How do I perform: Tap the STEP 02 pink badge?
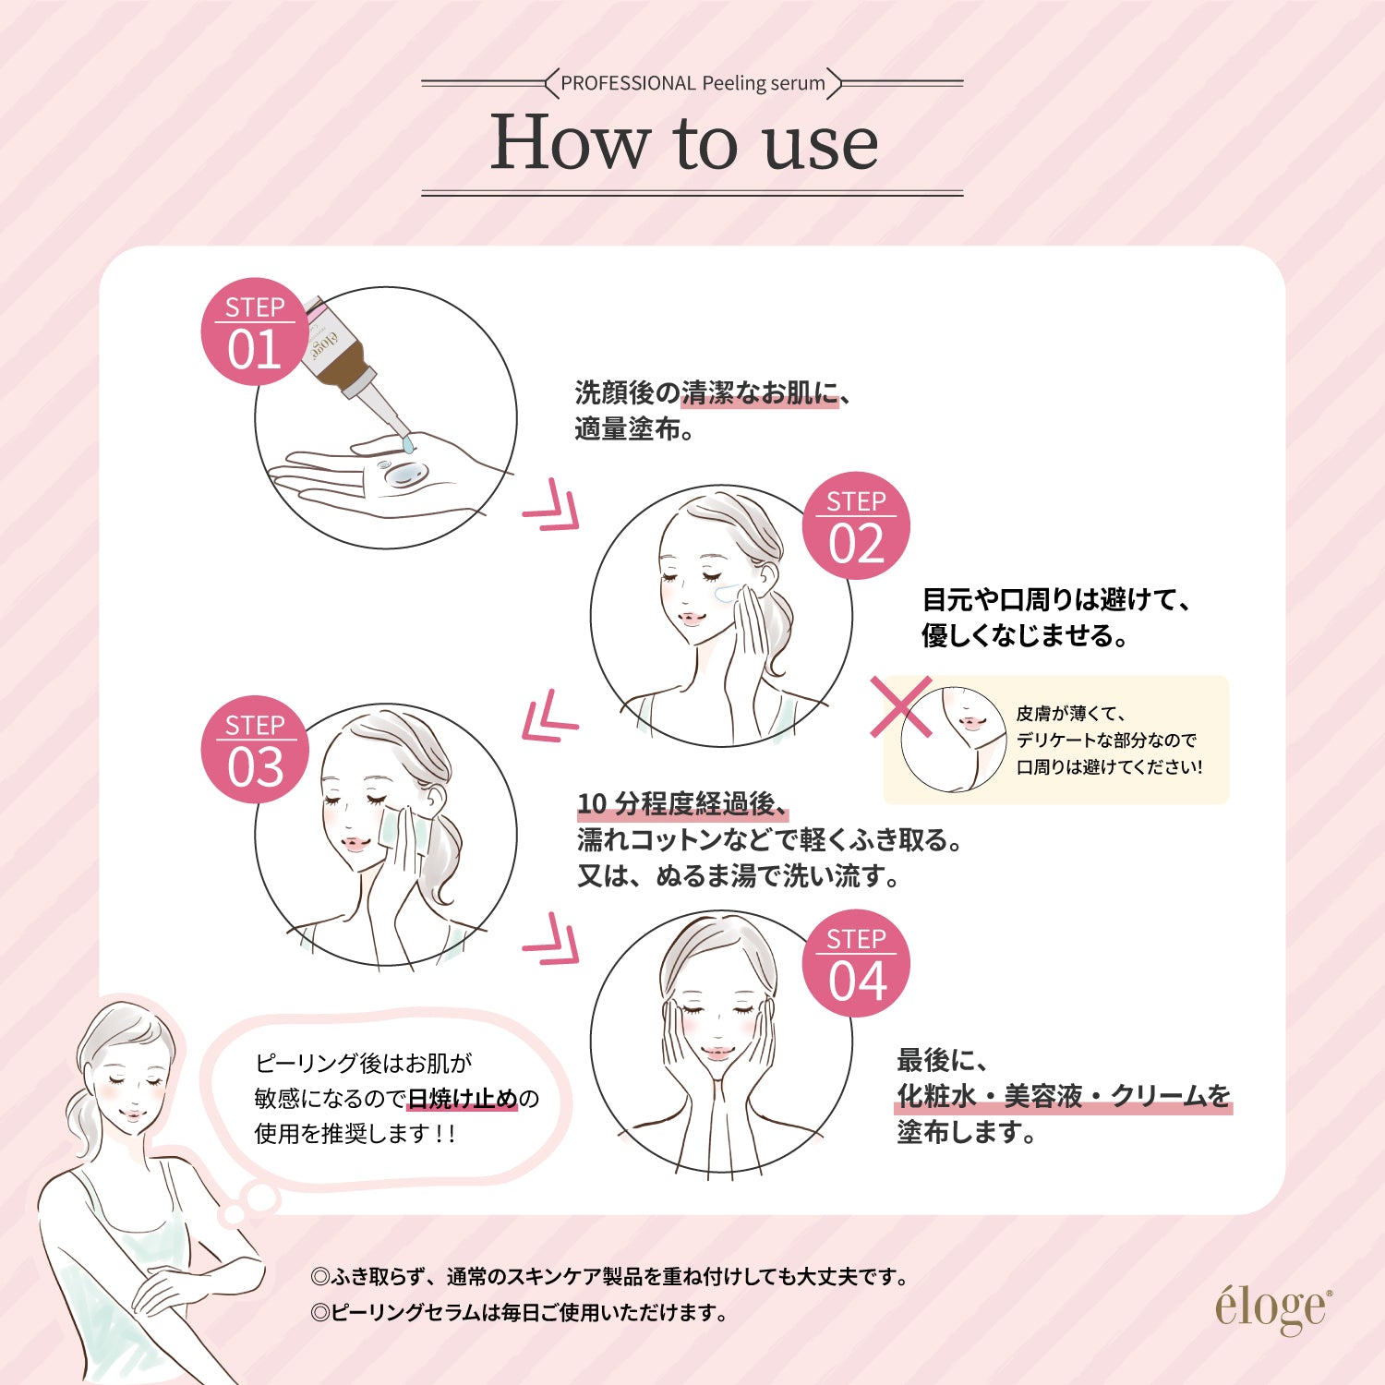[x=856, y=526]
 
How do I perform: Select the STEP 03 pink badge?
[x=255, y=750]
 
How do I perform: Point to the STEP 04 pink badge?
[x=856, y=964]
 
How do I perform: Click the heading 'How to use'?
[x=684, y=143]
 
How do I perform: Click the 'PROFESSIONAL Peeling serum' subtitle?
[x=692, y=83]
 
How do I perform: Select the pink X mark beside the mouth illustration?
[x=900, y=706]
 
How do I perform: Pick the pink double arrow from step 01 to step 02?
[x=552, y=506]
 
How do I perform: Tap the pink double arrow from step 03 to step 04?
[x=552, y=940]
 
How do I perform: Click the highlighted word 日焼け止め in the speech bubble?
[x=463, y=1099]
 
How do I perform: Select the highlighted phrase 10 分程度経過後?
[x=681, y=804]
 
